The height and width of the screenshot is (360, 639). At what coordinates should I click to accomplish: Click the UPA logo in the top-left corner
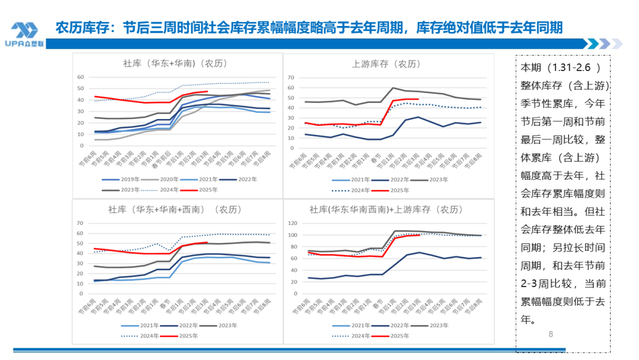tap(24, 34)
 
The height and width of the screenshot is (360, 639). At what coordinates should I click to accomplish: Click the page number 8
tap(551, 334)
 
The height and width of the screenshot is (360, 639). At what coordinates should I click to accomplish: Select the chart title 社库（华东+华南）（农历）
tap(175, 63)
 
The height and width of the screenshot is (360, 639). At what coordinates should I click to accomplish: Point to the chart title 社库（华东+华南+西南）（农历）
tap(176, 209)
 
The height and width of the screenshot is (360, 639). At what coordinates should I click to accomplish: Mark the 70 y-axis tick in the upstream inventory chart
tap(291, 77)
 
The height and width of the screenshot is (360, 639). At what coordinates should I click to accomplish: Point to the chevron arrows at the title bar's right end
tap(603, 43)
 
